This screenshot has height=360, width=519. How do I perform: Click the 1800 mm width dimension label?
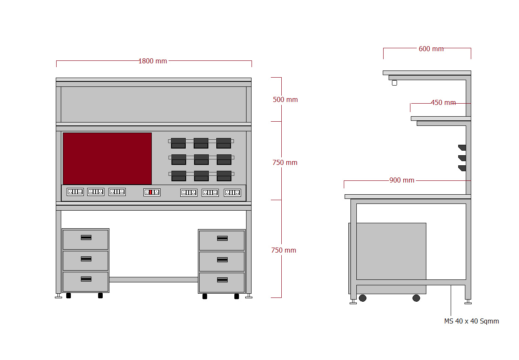coord(153,61)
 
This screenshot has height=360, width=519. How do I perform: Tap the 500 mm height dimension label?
coord(285,100)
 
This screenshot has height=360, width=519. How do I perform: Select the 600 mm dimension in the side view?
coord(431,49)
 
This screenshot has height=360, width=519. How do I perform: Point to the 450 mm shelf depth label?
coord(443,103)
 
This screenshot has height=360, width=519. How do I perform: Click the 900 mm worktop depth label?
coord(402,180)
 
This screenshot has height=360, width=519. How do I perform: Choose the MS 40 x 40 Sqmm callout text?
coord(472,321)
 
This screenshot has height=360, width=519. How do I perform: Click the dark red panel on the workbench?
coord(107,159)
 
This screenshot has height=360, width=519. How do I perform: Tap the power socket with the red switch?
coord(152,192)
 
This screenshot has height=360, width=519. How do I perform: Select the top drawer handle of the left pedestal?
coord(86,237)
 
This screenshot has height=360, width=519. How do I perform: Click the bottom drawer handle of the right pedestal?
coord(222,280)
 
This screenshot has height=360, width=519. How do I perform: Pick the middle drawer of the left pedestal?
coord(86,261)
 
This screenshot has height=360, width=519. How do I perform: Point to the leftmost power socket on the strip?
coord(75,192)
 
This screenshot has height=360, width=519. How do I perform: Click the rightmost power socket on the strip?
coord(232,193)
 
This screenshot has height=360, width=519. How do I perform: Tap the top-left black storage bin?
coord(178,143)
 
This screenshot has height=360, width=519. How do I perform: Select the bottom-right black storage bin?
coord(224,176)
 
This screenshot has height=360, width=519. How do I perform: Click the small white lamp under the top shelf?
coord(394,83)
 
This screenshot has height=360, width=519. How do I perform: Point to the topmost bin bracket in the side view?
coord(462,147)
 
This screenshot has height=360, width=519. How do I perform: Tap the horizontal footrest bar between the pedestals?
coord(153,279)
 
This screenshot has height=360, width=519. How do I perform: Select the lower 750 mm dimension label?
coord(283,250)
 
